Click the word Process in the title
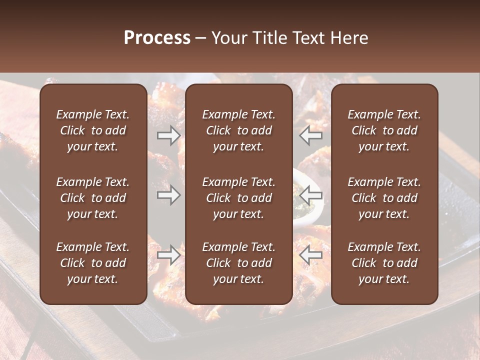click(157, 38)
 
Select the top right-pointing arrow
click(168, 135)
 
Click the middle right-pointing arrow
click(168, 195)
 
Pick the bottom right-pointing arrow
click(168, 255)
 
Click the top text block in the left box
click(93, 130)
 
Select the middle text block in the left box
click(93, 198)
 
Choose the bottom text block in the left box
click(93, 263)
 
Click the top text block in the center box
click(239, 130)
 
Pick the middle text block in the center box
click(239, 198)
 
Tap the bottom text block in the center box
click(239, 263)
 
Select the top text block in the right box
click(384, 130)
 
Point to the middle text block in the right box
click(384, 198)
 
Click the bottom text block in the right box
click(384, 263)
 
